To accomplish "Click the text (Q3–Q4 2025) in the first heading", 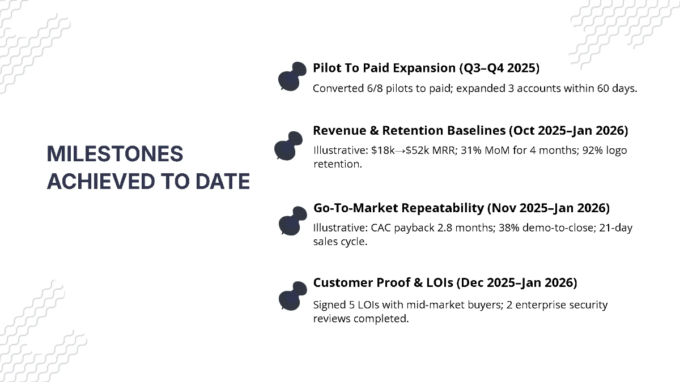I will click(x=499, y=68).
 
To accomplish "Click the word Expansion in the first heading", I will click(x=419, y=68).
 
